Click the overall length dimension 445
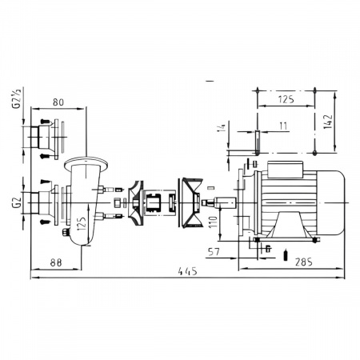point(188,271)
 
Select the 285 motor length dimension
point(303,262)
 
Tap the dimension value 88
point(56,262)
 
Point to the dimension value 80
point(58,102)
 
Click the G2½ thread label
point(16,98)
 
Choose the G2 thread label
point(17,202)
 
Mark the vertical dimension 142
point(328,122)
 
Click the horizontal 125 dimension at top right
point(286,99)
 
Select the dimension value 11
point(282,126)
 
